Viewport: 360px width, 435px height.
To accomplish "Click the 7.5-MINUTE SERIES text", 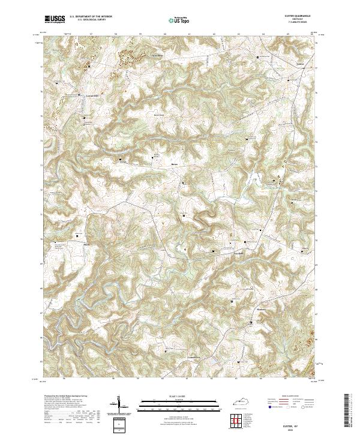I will pyautogui.click(x=302, y=23).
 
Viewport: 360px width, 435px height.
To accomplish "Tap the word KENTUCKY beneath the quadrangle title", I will pyautogui.click(x=302, y=20).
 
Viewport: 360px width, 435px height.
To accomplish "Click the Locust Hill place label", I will pyautogui.click(x=89, y=95).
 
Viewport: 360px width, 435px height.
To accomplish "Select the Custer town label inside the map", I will pyautogui.click(x=301, y=62).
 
